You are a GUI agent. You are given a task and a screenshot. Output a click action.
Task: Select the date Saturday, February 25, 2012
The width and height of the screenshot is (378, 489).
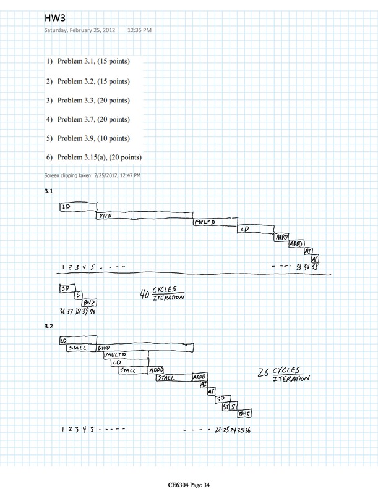[x=81, y=30]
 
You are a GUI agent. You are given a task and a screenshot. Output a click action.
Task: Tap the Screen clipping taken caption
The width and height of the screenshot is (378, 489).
[x=92, y=175]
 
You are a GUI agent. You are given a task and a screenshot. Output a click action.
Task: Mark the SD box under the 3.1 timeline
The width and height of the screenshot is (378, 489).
[x=64, y=289]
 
